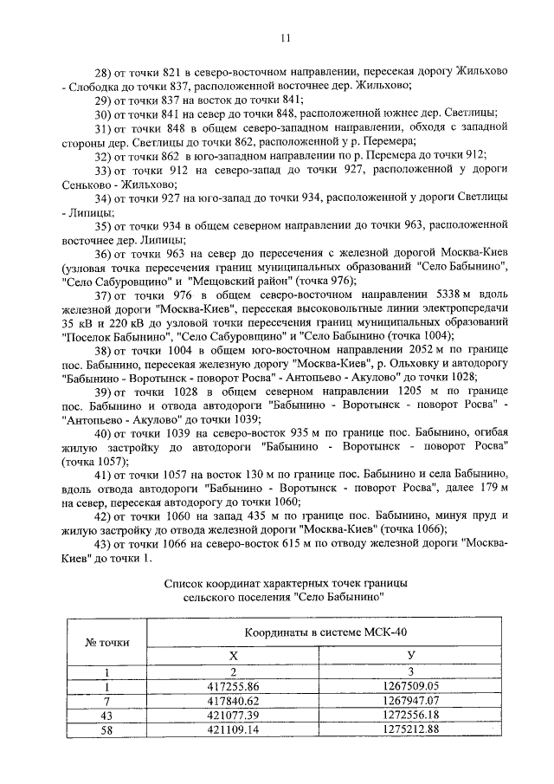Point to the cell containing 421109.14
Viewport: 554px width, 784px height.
[x=233, y=729]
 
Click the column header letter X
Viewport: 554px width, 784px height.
[x=233, y=656]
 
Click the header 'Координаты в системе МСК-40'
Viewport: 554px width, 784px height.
[x=320, y=634]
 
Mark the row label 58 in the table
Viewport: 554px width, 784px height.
[x=106, y=729]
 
